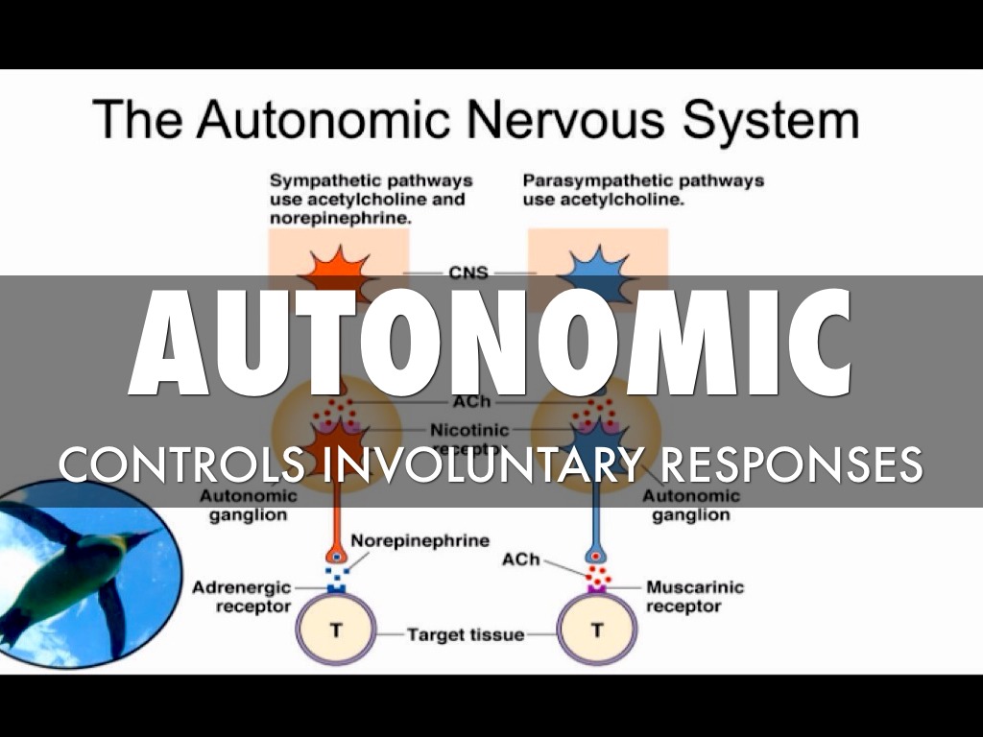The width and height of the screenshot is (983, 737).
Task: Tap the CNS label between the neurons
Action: click(x=468, y=273)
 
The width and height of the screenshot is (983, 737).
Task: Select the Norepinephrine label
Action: click(x=420, y=541)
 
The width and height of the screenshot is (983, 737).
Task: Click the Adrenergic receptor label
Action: click(x=241, y=596)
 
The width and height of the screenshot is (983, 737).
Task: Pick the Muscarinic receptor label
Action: click(x=694, y=596)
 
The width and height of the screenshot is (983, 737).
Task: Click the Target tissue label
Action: click(x=466, y=634)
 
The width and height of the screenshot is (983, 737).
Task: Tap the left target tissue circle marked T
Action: click(x=335, y=630)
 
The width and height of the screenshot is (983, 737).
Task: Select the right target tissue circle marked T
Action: click(x=597, y=630)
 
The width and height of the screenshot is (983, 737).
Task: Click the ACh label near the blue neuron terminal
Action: click(x=521, y=559)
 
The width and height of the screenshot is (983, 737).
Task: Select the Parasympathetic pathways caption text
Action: click(x=643, y=190)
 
